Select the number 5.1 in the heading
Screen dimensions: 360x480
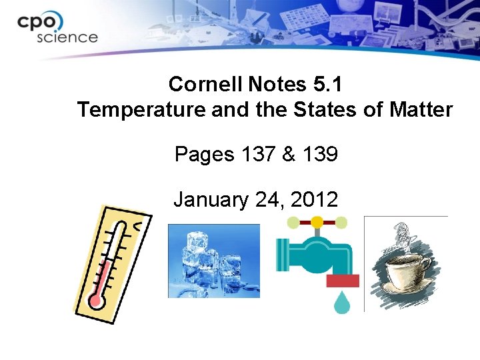[x=327, y=85]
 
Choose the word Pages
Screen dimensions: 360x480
[x=204, y=155]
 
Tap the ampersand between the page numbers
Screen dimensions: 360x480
[x=288, y=155]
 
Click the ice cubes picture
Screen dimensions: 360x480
[x=213, y=260]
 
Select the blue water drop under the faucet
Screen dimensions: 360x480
[x=343, y=303]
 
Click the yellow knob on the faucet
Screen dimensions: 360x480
[x=317, y=221]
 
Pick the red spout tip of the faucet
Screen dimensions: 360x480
[x=343, y=281]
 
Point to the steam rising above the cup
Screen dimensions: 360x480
[x=401, y=237]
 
